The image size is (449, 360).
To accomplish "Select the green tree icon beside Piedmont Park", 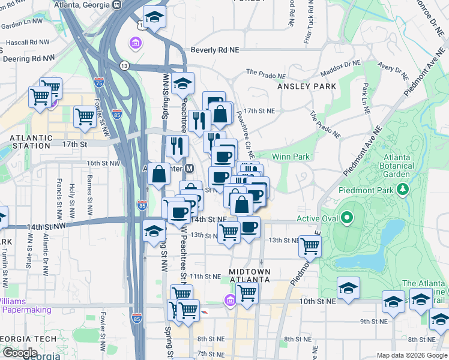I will (403, 190).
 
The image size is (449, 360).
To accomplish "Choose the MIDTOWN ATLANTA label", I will (250, 277).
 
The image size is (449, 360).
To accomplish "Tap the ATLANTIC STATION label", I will (30, 142).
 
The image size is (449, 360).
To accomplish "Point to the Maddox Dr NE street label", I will (340, 65).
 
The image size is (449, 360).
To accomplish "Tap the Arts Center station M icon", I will (189, 169).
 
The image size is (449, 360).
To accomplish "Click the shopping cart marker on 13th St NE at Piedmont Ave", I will (310, 245).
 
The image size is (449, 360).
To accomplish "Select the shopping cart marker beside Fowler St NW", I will (85, 118).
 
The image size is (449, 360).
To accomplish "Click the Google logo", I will (20, 353).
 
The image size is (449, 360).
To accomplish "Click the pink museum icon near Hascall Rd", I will (136, 43).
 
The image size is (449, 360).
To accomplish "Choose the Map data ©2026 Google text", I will (411, 355).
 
